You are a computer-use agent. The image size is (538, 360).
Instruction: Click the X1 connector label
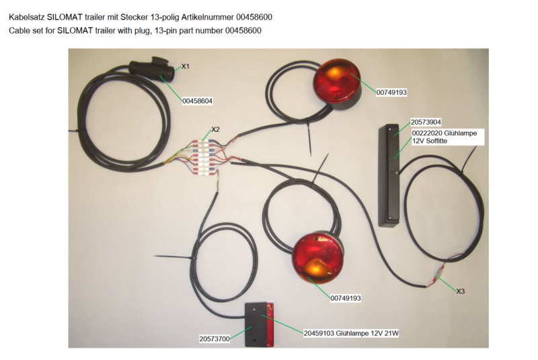click(186, 66)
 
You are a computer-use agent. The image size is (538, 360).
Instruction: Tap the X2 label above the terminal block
click(215, 129)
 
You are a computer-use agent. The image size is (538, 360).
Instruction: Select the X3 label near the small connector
click(461, 291)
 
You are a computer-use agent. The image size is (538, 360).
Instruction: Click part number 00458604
click(197, 101)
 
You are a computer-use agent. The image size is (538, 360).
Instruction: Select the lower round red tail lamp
click(316, 258)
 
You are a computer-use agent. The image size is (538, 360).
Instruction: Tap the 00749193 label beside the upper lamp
click(391, 92)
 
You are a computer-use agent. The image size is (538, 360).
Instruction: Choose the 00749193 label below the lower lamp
click(346, 298)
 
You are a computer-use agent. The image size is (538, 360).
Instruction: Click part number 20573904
click(426, 122)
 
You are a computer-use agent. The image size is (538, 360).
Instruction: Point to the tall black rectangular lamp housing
click(389, 176)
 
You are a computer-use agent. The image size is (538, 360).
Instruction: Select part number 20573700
click(215, 338)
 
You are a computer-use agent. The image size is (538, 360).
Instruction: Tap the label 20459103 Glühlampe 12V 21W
click(351, 333)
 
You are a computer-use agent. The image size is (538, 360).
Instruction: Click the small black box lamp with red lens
click(259, 324)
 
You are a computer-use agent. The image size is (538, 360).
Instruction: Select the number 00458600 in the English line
click(243, 30)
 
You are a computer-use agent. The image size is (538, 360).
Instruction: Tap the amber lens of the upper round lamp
click(333, 73)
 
